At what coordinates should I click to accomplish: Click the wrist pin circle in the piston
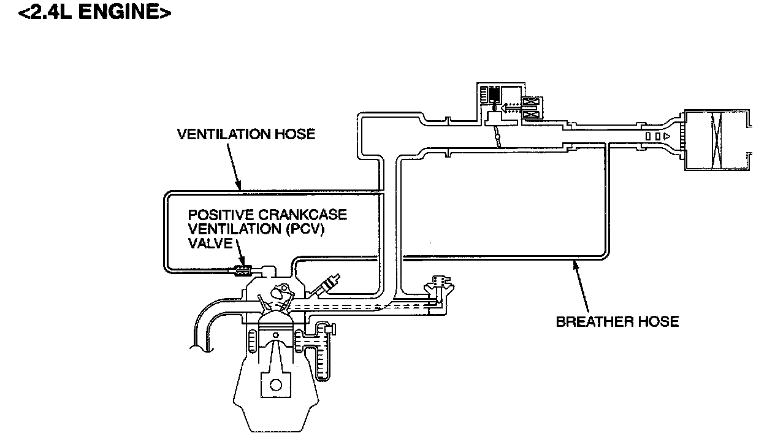click(275, 335)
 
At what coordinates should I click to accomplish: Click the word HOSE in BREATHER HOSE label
click(659, 321)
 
